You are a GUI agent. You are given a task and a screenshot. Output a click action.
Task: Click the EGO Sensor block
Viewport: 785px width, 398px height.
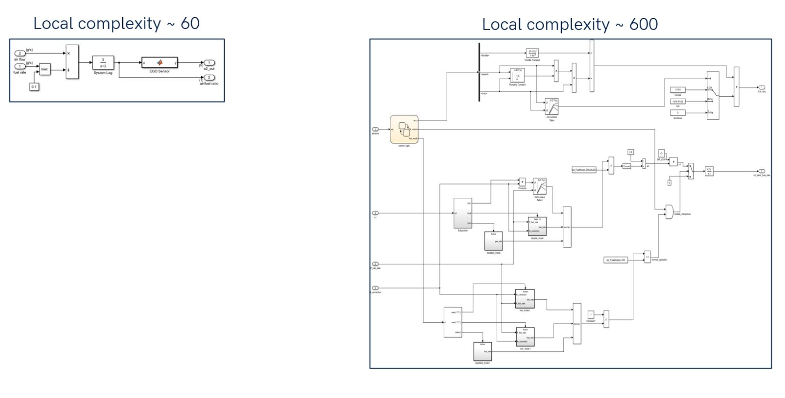[x=159, y=63]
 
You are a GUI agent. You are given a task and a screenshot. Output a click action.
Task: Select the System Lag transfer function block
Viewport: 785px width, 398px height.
[x=103, y=63]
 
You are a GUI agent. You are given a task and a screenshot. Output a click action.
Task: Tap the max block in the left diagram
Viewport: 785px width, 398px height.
[x=45, y=69]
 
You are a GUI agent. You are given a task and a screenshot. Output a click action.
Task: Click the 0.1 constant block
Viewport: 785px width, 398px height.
[x=34, y=87]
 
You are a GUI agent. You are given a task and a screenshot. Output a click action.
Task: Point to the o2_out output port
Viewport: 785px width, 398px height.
[x=209, y=63]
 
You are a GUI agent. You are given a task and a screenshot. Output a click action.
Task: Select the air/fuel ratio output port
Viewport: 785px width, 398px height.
[x=209, y=78]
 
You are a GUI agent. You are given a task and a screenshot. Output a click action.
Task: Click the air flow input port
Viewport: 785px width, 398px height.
[x=20, y=53]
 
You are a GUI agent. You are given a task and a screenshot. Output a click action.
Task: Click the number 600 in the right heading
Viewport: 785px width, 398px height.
[x=643, y=24]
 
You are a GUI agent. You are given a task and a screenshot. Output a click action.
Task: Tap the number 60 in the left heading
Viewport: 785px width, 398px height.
[x=190, y=23]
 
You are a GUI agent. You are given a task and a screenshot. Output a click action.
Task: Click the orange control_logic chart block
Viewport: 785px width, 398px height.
[x=404, y=129]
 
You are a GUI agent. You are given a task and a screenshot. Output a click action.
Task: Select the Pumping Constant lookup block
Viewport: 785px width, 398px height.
[x=517, y=75]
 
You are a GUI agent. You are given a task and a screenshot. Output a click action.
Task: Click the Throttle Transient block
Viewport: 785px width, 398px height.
[x=532, y=53]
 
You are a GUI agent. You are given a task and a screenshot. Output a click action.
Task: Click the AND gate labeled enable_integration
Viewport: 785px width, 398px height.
[x=669, y=211]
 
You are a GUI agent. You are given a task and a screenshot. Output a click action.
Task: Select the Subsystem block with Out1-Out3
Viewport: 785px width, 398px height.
[x=463, y=213]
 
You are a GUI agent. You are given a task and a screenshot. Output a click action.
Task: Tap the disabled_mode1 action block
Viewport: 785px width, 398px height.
[x=483, y=351]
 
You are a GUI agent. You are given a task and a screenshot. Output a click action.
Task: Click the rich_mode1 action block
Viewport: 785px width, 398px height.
[x=525, y=337]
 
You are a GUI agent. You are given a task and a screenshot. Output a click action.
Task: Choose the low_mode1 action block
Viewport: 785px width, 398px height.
[x=525, y=299]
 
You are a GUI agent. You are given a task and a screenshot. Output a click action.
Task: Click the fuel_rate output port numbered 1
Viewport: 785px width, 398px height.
[x=762, y=87]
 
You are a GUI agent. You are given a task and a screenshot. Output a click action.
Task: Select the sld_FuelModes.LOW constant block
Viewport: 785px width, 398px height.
[x=616, y=260]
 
